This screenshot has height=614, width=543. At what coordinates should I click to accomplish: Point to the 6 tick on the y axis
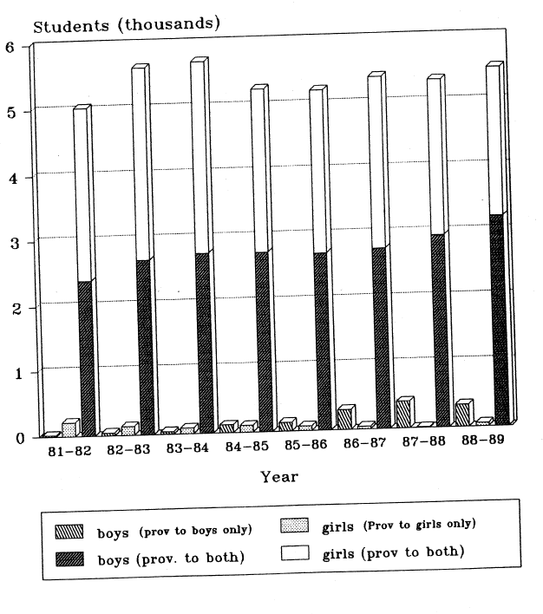[x=10, y=47]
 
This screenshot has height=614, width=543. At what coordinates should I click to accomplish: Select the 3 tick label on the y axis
[x=10, y=243]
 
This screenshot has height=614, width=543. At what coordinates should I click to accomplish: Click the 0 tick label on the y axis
[x=10, y=438]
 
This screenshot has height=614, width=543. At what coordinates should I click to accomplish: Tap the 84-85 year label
[x=246, y=449]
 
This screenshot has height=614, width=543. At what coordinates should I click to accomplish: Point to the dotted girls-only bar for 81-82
[x=69, y=428]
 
